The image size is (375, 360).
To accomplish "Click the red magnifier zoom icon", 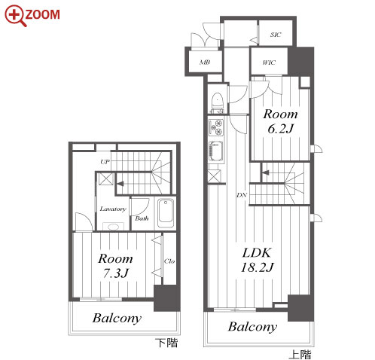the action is [15, 16].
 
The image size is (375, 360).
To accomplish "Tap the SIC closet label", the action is [276, 35].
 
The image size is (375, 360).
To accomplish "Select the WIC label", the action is [269, 63].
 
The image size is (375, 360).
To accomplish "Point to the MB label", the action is [205, 62].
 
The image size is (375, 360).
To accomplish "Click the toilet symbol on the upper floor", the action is [218, 102].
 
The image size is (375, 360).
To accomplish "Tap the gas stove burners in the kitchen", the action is [216, 127].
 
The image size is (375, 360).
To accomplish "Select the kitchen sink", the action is [215, 152].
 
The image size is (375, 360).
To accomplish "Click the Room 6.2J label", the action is [280, 121].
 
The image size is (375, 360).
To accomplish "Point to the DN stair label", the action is [242, 195].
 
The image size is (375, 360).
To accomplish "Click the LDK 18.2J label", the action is [257, 260].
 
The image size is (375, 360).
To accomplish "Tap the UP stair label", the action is [105, 162].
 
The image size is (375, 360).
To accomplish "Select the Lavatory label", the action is [113, 209].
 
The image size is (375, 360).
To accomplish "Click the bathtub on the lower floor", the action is [166, 213].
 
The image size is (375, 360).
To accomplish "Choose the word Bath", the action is [142, 218].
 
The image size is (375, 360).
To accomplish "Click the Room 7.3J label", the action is [115, 266].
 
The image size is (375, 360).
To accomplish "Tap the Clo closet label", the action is [169, 261].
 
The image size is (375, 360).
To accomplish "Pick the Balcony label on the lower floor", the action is [117, 319].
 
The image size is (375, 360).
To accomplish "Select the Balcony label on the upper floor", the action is [252, 327].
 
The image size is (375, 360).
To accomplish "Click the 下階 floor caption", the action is [166, 343].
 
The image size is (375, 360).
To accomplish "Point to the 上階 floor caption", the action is [300, 355].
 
